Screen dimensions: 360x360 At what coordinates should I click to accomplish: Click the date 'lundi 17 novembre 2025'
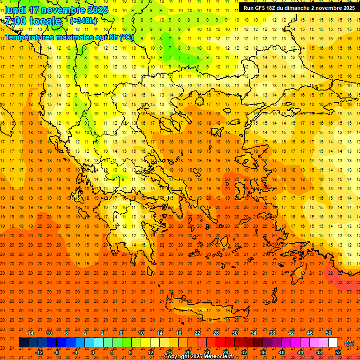tap(56, 10)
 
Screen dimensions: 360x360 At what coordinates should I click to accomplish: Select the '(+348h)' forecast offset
tap(83, 21)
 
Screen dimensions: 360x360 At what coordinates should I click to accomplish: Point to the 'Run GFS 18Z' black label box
tap(299, 7)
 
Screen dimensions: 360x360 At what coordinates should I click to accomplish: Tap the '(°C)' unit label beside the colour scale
tap(349, 343)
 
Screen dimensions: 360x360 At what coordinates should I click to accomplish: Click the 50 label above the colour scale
tap(329, 333)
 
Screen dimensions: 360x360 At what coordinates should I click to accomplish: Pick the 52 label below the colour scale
tap(338, 352)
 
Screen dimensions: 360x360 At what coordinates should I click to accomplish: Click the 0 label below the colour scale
tap(93, 352)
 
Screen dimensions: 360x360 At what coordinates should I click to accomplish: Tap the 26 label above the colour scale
tap(216, 333)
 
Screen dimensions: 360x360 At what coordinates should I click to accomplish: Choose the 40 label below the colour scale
tap(282, 352)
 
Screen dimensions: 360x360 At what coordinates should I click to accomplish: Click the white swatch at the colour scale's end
tap(333, 343)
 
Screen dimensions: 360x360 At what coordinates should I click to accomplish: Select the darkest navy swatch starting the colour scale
tap(23, 343)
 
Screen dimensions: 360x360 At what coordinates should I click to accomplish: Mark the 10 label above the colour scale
tap(141, 333)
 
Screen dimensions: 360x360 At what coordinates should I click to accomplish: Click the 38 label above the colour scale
tap(272, 333)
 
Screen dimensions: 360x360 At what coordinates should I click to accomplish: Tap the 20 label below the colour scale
tap(188, 352)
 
